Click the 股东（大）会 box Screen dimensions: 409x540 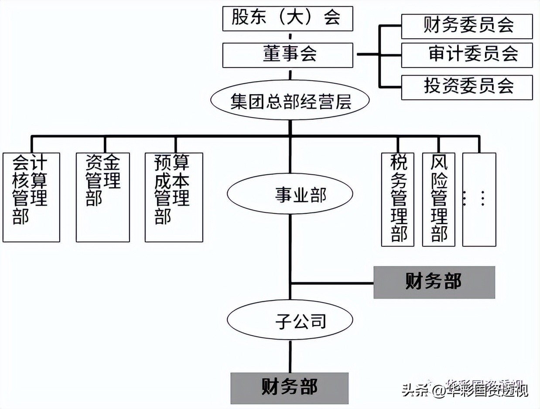pyautogui.click(x=287, y=19)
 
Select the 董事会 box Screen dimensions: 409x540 pyautogui.click(x=287, y=55)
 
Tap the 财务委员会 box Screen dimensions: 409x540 pyautogui.click(x=467, y=26)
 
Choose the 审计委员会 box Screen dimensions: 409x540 pyautogui.click(x=467, y=55)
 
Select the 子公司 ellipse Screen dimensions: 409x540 pyautogui.click(x=290, y=322)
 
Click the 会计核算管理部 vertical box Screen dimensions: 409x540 pyautogui.click(x=31, y=197)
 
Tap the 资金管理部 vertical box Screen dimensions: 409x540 pyautogui.click(x=103, y=197)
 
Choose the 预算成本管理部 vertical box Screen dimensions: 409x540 pyautogui.click(x=174, y=197)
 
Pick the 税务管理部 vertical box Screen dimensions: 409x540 pyautogui.click(x=397, y=199)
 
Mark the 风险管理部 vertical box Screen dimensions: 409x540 pyautogui.click(x=438, y=199)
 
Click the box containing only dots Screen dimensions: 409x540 pyautogui.click(x=479, y=199)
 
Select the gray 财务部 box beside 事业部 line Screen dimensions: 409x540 pyautogui.click(x=434, y=282)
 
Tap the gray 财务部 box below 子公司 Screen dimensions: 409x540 pyautogui.click(x=290, y=388)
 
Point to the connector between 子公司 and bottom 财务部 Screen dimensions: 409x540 pyautogui.click(x=290, y=357)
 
